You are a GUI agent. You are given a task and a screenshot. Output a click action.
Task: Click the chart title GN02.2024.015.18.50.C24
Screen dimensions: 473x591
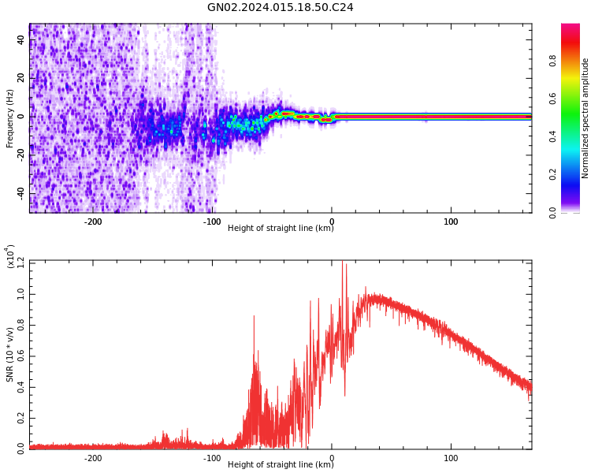pyautogui.click(x=281, y=8)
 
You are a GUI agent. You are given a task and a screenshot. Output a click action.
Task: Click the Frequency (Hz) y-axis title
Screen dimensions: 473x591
pyautogui.click(x=10, y=118)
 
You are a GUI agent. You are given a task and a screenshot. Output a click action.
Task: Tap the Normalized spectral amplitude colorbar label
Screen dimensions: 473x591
pyautogui.click(x=585, y=118)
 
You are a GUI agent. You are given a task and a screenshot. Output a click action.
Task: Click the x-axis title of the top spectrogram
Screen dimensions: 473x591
pyautogui.click(x=281, y=229)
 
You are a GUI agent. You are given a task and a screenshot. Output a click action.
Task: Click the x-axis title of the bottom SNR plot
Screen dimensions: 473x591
pyautogui.click(x=281, y=464)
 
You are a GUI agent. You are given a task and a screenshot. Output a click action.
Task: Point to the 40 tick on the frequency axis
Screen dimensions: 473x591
pyautogui.click(x=21, y=39)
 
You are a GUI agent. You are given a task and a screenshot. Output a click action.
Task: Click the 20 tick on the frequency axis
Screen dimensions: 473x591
pyautogui.click(x=21, y=78)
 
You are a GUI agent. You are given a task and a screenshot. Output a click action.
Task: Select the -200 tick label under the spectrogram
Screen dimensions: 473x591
pyautogui.click(x=93, y=222)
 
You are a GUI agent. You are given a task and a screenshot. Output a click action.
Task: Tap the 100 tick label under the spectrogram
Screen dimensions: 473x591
pyautogui.click(x=452, y=222)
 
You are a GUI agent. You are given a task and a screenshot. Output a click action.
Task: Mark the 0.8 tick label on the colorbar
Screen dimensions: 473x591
pyautogui.click(x=574, y=59)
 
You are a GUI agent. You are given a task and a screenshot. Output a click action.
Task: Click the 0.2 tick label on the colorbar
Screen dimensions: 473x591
pyautogui.click(x=574, y=174)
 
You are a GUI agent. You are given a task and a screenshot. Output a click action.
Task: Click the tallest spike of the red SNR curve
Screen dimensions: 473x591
pyautogui.click(x=342, y=262)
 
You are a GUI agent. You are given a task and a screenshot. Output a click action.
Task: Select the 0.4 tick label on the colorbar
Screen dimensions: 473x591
pyautogui.click(x=574, y=136)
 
